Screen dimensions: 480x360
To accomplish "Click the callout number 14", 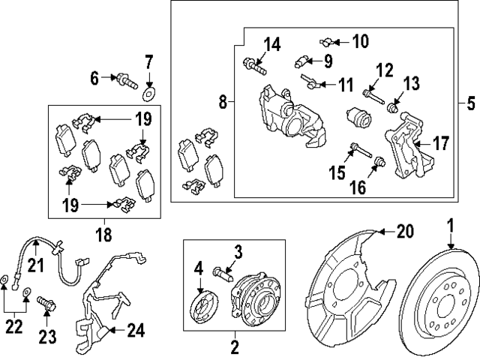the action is pos(272,45).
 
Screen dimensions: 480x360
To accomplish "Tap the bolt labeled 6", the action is pos(125,81).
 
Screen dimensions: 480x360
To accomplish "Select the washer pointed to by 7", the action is pos(150,94).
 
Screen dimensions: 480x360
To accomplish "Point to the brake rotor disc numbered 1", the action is pos(440,302).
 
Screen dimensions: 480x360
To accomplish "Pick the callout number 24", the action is pos(136,331).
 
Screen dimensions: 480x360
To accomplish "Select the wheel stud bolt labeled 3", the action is pos(223,274).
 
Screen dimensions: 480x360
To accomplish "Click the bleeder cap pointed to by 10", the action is pos(327,42).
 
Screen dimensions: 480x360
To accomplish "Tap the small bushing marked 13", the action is pos(393,108).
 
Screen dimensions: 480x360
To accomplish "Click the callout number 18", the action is pos(103,235).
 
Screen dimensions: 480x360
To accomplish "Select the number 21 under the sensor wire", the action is pos(36,265).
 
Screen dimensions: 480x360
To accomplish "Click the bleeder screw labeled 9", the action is pos(301,61).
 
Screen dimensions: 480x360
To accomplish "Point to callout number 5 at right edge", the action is pos(471,103).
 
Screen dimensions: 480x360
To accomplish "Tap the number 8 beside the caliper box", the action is pos(223,101).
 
